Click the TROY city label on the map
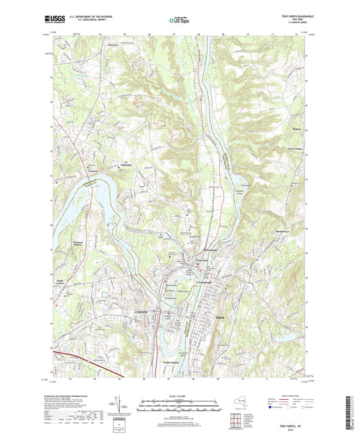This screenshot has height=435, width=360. [x=219, y=316]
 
